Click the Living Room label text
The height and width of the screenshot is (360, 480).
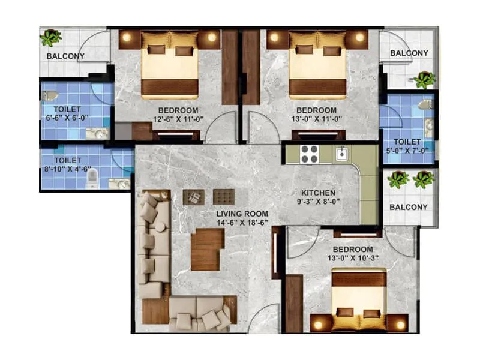[x=242, y=214]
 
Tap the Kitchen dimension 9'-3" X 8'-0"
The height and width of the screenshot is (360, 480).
[x=318, y=203]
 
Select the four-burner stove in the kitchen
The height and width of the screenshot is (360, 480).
[x=309, y=155]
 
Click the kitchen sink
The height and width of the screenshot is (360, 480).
[x=342, y=154]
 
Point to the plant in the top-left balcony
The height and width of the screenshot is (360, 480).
[x=51, y=38]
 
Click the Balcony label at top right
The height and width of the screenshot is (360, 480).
[x=409, y=53]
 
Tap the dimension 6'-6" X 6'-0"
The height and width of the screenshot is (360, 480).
[x=67, y=119]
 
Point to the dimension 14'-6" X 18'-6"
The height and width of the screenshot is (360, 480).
[x=242, y=223]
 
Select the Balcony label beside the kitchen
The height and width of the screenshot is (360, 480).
[x=409, y=207]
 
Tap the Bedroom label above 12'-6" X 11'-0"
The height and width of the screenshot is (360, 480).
[x=178, y=110]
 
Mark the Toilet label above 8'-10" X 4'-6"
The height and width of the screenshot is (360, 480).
[x=67, y=161]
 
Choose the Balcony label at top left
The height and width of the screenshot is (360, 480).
[x=66, y=56]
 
